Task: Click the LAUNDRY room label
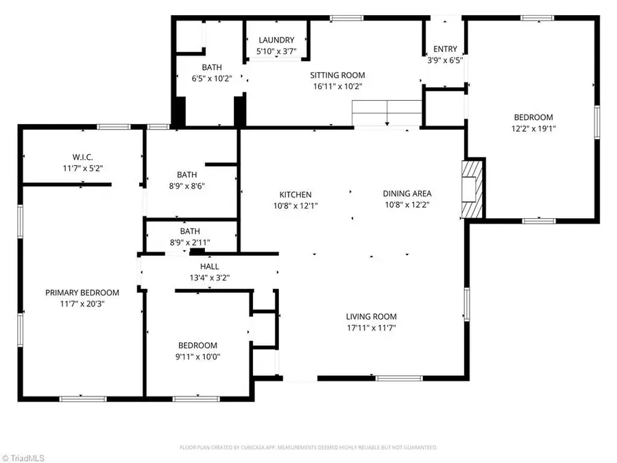click(276, 40)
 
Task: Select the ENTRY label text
click(445, 49)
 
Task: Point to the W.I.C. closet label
click(82, 156)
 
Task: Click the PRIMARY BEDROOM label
click(82, 292)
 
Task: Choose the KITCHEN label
click(295, 194)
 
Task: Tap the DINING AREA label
click(407, 194)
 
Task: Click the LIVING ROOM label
click(371, 316)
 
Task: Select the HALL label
click(210, 266)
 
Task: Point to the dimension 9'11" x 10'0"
click(197, 356)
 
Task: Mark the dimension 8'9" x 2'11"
click(190, 242)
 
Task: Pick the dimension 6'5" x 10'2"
click(211, 78)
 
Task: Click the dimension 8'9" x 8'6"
click(190, 185)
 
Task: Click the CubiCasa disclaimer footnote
click(308, 447)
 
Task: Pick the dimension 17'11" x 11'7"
click(371, 327)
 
